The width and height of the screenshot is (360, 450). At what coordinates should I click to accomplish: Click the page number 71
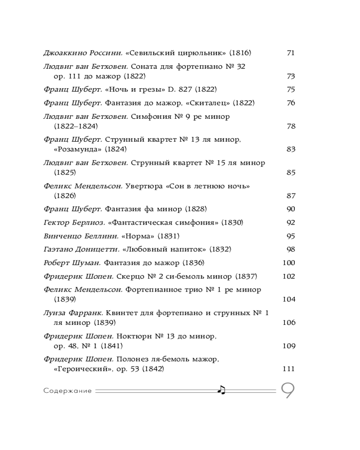[x=290, y=53]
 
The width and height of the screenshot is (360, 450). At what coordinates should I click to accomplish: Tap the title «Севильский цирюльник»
[x=175, y=53]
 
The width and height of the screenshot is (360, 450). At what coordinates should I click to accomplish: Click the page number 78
[x=290, y=126]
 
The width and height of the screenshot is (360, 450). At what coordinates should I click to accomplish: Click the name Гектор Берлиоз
[x=74, y=222]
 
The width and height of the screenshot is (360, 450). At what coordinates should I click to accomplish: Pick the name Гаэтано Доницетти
[x=82, y=249]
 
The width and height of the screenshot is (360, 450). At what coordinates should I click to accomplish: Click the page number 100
[x=288, y=263]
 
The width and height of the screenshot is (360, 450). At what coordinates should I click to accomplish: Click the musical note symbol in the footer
[x=221, y=390]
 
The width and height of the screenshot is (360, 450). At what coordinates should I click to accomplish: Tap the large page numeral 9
[x=288, y=391]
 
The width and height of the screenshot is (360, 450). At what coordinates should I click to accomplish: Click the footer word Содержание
[x=67, y=391]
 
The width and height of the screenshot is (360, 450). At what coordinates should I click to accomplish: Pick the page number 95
[x=290, y=236]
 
